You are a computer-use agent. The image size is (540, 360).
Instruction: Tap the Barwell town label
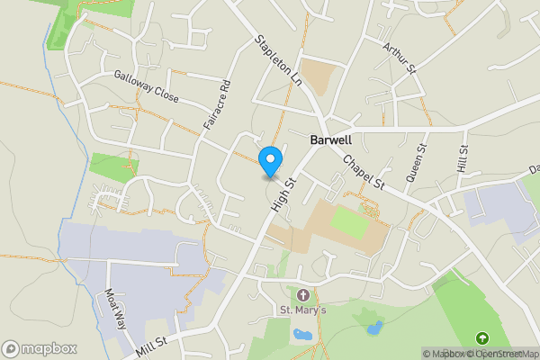pos(330,140)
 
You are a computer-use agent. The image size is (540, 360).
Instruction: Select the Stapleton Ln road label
pos(278,59)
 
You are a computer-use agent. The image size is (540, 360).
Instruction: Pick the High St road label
pos(285,194)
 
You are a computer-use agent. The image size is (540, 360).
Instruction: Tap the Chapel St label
pos(364,172)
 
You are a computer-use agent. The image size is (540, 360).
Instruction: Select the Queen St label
pos(416,164)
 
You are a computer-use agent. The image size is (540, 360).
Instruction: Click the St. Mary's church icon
pos(302,294)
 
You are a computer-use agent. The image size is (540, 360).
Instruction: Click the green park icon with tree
pos(482,338)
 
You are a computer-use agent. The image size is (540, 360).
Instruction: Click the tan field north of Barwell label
pos(317,76)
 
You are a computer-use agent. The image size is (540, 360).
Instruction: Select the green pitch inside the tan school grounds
pos(350,222)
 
